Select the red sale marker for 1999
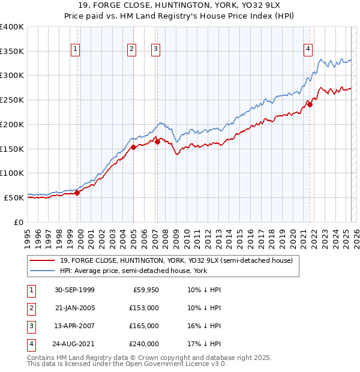(x=77, y=193)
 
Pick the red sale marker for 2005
(x=133, y=148)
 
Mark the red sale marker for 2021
(x=310, y=105)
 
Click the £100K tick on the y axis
(x=12, y=173)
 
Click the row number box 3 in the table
(x=29, y=326)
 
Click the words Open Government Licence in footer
(x=167, y=364)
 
